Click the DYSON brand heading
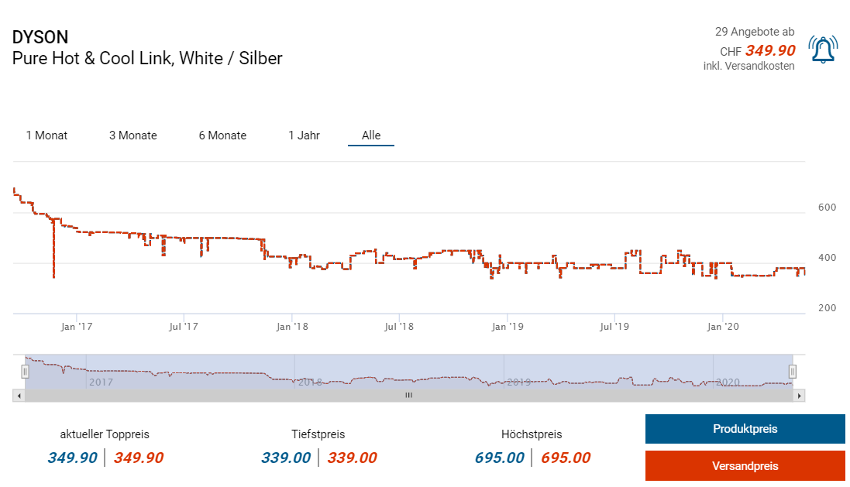point(40,37)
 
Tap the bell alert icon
point(822,50)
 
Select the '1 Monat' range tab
point(46,135)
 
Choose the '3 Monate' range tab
point(132,135)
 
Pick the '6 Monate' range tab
point(222,135)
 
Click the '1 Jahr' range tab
point(304,135)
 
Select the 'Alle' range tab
point(371,135)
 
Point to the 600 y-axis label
point(827,207)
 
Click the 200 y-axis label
point(827,308)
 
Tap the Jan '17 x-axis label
point(77,327)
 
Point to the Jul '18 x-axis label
point(398,327)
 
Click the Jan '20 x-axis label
point(723,327)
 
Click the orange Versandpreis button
point(745,466)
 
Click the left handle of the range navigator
point(25,372)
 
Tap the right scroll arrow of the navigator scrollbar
point(800,395)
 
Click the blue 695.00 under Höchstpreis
point(500,458)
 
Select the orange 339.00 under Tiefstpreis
point(352,458)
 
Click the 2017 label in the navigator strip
point(101,382)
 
